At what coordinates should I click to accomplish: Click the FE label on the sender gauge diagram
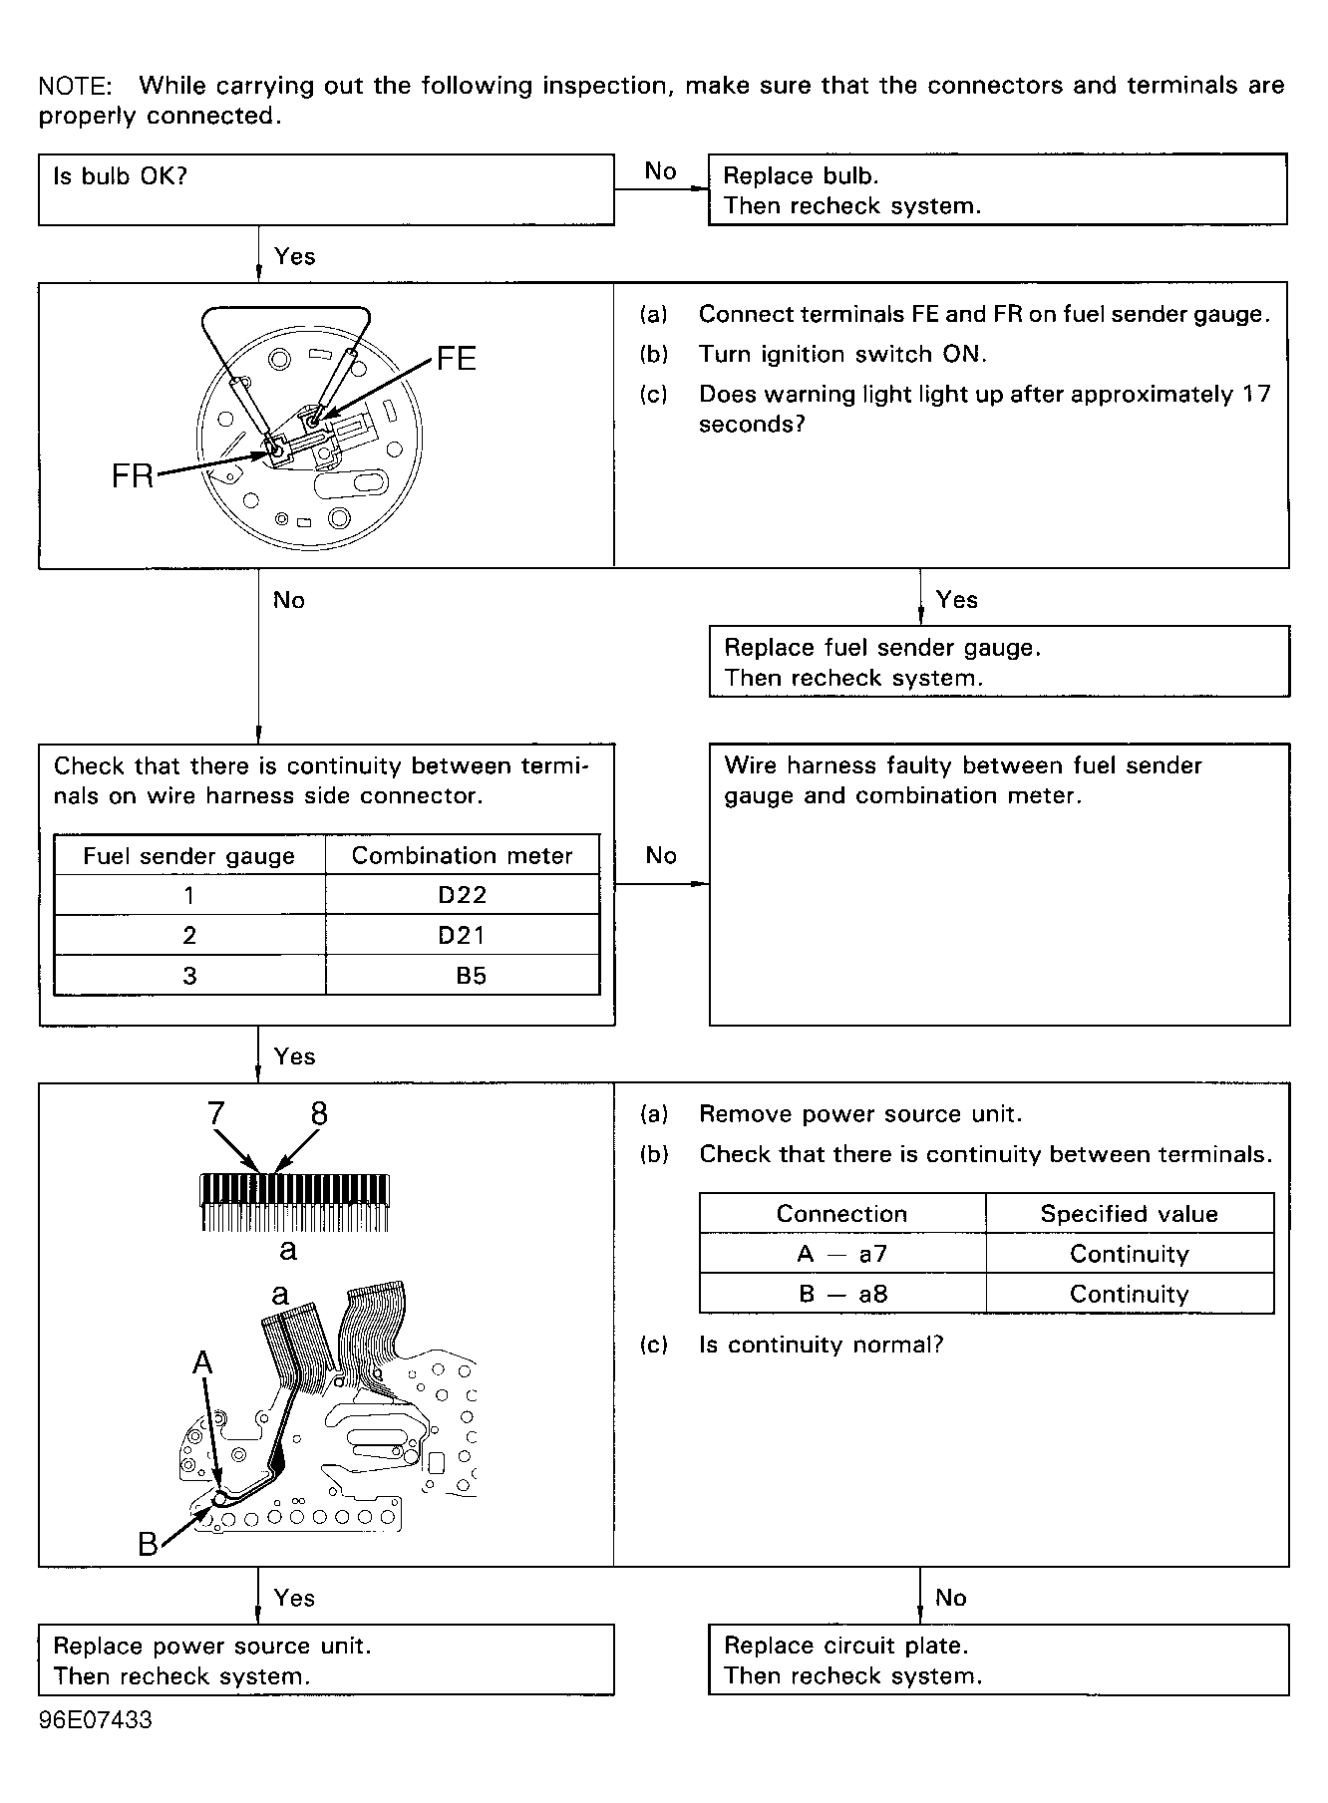pyautogui.click(x=456, y=359)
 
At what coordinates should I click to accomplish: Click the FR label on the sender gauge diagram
pyautogui.click(x=132, y=476)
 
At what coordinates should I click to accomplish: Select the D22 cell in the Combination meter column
pyautogui.click(x=463, y=895)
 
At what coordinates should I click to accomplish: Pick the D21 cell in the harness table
pyautogui.click(x=463, y=935)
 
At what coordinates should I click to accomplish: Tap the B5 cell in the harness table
pyautogui.click(x=471, y=976)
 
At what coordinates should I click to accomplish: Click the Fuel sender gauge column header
pyautogui.click(x=189, y=856)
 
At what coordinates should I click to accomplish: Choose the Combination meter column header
pyautogui.click(x=463, y=855)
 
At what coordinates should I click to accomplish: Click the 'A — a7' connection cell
pyautogui.click(x=842, y=1254)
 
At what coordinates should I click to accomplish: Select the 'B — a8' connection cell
pyautogui.click(x=842, y=1294)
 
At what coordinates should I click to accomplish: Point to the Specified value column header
pyautogui.click(x=1129, y=1214)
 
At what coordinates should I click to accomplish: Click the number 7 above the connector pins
pyautogui.click(x=215, y=1113)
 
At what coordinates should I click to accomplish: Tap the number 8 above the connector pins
pyautogui.click(x=319, y=1113)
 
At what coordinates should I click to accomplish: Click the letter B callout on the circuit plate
pyautogui.click(x=148, y=1545)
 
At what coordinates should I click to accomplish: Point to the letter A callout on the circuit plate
pyautogui.click(x=202, y=1361)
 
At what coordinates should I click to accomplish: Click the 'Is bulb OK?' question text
pyautogui.click(x=120, y=176)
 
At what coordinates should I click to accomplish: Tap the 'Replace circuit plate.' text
pyautogui.click(x=845, y=1646)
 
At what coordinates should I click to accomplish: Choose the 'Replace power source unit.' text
pyautogui.click(x=211, y=1646)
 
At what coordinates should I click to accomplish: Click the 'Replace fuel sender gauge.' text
pyautogui.click(x=881, y=648)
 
